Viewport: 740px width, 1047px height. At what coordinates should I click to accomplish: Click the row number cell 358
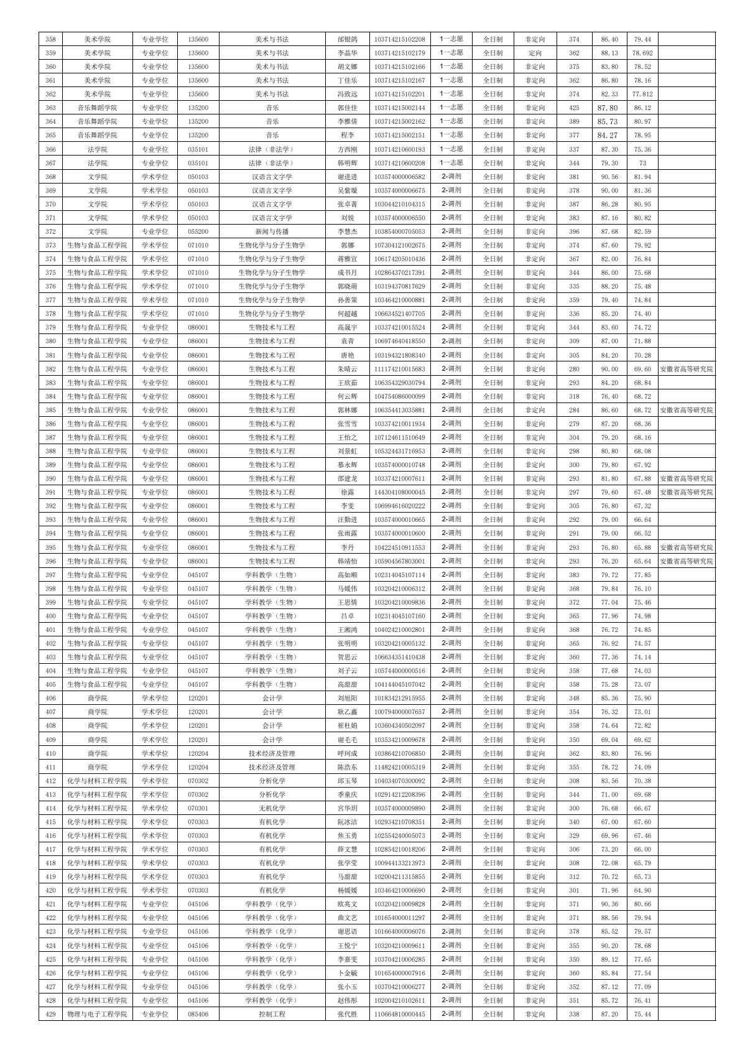(x=51, y=39)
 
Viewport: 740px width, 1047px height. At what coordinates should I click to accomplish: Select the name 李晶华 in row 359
(x=347, y=53)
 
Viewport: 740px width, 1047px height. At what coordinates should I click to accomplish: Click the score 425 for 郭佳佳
(x=574, y=108)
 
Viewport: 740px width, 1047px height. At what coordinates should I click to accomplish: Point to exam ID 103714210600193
(x=400, y=149)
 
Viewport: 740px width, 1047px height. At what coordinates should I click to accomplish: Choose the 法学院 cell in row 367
(x=97, y=163)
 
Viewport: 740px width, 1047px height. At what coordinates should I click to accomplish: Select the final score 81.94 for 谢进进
(x=642, y=177)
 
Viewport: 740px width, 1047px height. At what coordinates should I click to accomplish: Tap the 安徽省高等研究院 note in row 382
(x=686, y=369)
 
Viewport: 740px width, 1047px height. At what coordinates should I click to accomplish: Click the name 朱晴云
(x=347, y=369)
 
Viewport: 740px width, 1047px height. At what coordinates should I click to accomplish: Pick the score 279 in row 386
(x=574, y=424)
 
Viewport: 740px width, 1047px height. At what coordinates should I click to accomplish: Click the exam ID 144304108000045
(x=400, y=492)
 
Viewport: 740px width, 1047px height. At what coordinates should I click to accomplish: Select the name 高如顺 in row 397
(x=347, y=575)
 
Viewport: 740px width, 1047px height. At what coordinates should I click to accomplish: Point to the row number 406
(x=51, y=698)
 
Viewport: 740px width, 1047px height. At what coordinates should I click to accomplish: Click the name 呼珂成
(x=347, y=753)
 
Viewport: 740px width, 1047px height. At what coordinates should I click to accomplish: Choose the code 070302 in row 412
(x=198, y=781)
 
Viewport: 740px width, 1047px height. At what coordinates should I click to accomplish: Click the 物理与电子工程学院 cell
(x=97, y=1014)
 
